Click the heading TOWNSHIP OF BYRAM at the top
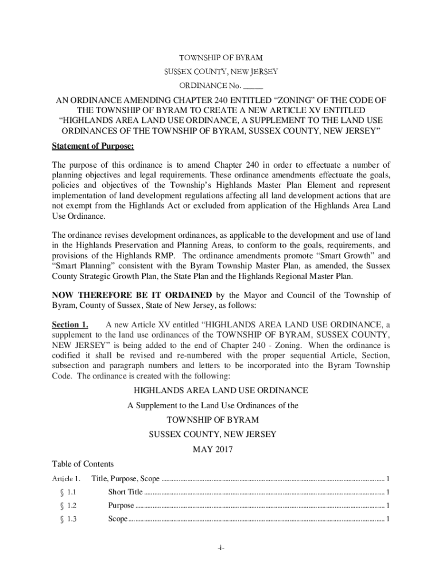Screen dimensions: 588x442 [221, 58]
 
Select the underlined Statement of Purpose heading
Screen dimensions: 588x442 [93, 146]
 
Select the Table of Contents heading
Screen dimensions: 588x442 [83, 464]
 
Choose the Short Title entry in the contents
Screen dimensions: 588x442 [125, 492]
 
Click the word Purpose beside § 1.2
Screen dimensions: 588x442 [121, 506]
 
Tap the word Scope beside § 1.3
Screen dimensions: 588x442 [118, 520]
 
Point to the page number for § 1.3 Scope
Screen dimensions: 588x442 [389, 520]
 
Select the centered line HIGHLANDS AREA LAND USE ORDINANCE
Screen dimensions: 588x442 [221, 390]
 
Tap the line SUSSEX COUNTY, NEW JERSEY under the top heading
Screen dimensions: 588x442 [221, 72]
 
